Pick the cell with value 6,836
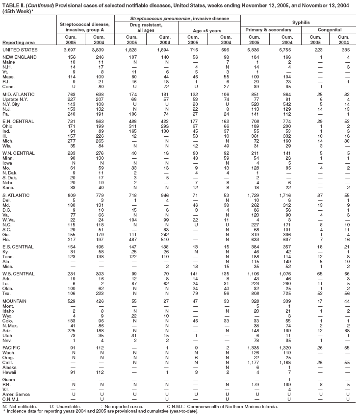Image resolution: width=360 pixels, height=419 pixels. coord(256,50)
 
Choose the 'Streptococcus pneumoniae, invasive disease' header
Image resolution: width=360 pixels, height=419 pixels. coord(179,18)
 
